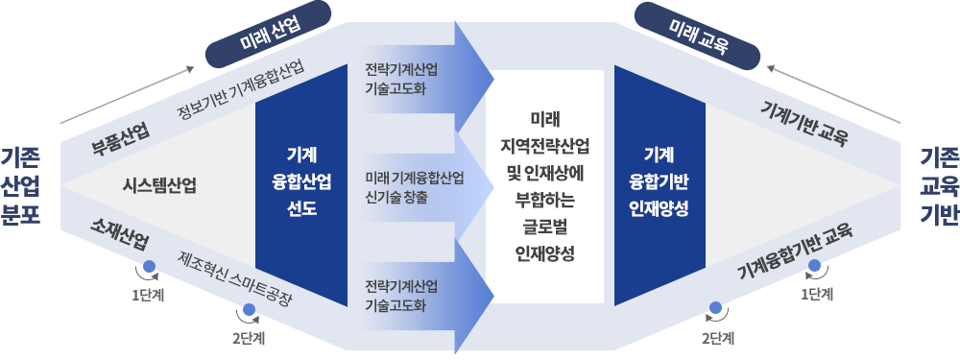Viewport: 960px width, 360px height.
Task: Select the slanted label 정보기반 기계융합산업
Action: coord(241,91)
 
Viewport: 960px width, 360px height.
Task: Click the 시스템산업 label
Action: coord(160,184)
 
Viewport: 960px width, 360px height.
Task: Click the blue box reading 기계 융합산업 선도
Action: coord(300,180)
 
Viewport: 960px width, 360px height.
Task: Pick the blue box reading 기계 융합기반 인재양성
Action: coord(659,180)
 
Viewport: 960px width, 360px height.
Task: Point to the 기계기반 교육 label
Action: coord(804,120)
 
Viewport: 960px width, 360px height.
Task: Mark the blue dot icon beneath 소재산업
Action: coord(148,269)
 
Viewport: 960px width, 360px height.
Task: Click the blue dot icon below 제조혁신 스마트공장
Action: coord(249,311)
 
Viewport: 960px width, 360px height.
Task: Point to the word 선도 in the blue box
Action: coord(300,207)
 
